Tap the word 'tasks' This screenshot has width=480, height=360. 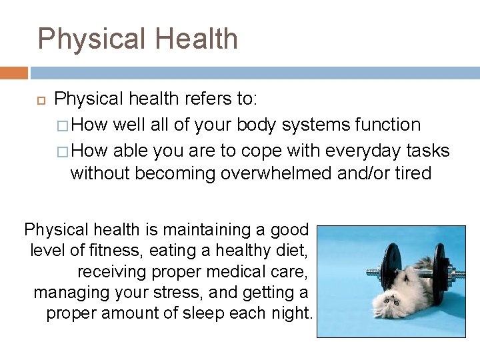426,150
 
